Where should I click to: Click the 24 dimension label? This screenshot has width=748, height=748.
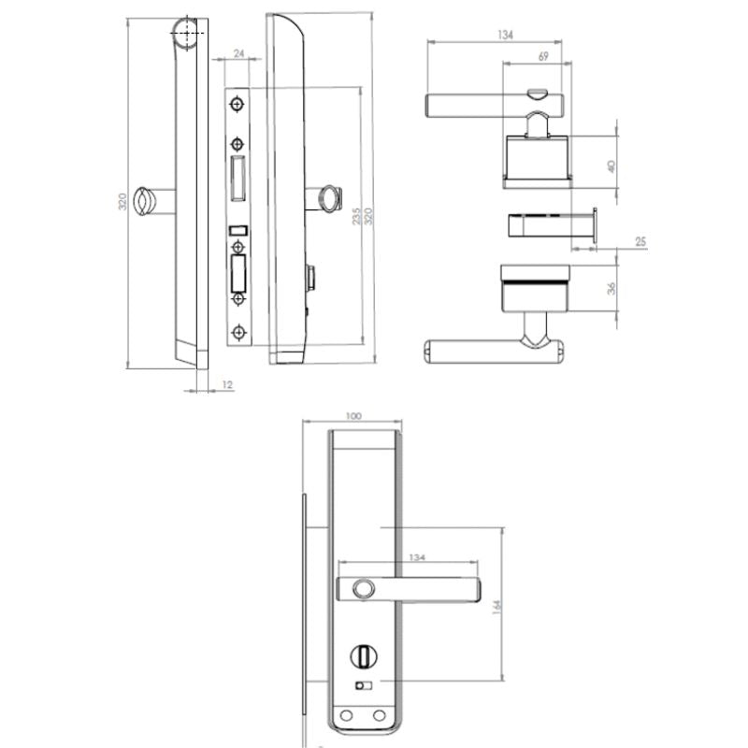click(x=239, y=54)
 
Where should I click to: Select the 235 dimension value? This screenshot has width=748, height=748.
click(x=355, y=216)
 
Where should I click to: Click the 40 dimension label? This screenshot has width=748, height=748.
click(x=611, y=165)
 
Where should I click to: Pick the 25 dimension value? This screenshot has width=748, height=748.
click(x=640, y=242)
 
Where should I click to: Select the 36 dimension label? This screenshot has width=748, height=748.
click(x=611, y=289)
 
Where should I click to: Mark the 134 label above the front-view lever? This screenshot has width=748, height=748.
click(x=415, y=557)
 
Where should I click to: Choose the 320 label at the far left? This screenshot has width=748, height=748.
click(x=122, y=202)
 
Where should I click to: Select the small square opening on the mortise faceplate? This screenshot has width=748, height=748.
click(x=237, y=229)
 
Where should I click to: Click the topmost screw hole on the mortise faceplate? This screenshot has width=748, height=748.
click(x=237, y=103)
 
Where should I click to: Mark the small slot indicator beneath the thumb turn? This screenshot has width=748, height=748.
click(x=361, y=687)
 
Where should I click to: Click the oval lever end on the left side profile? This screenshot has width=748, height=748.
click(x=145, y=199)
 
